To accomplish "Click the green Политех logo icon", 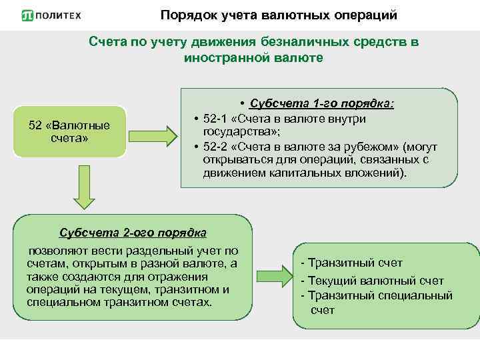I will [27, 15].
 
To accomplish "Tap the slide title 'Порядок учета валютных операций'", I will [278, 14].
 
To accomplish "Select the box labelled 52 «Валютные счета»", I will [69, 131].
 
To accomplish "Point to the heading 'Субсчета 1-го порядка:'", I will [321, 103].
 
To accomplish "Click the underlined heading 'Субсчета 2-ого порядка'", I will [133, 233].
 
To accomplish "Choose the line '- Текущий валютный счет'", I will [372, 281].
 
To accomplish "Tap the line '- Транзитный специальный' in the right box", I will [377, 295].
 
